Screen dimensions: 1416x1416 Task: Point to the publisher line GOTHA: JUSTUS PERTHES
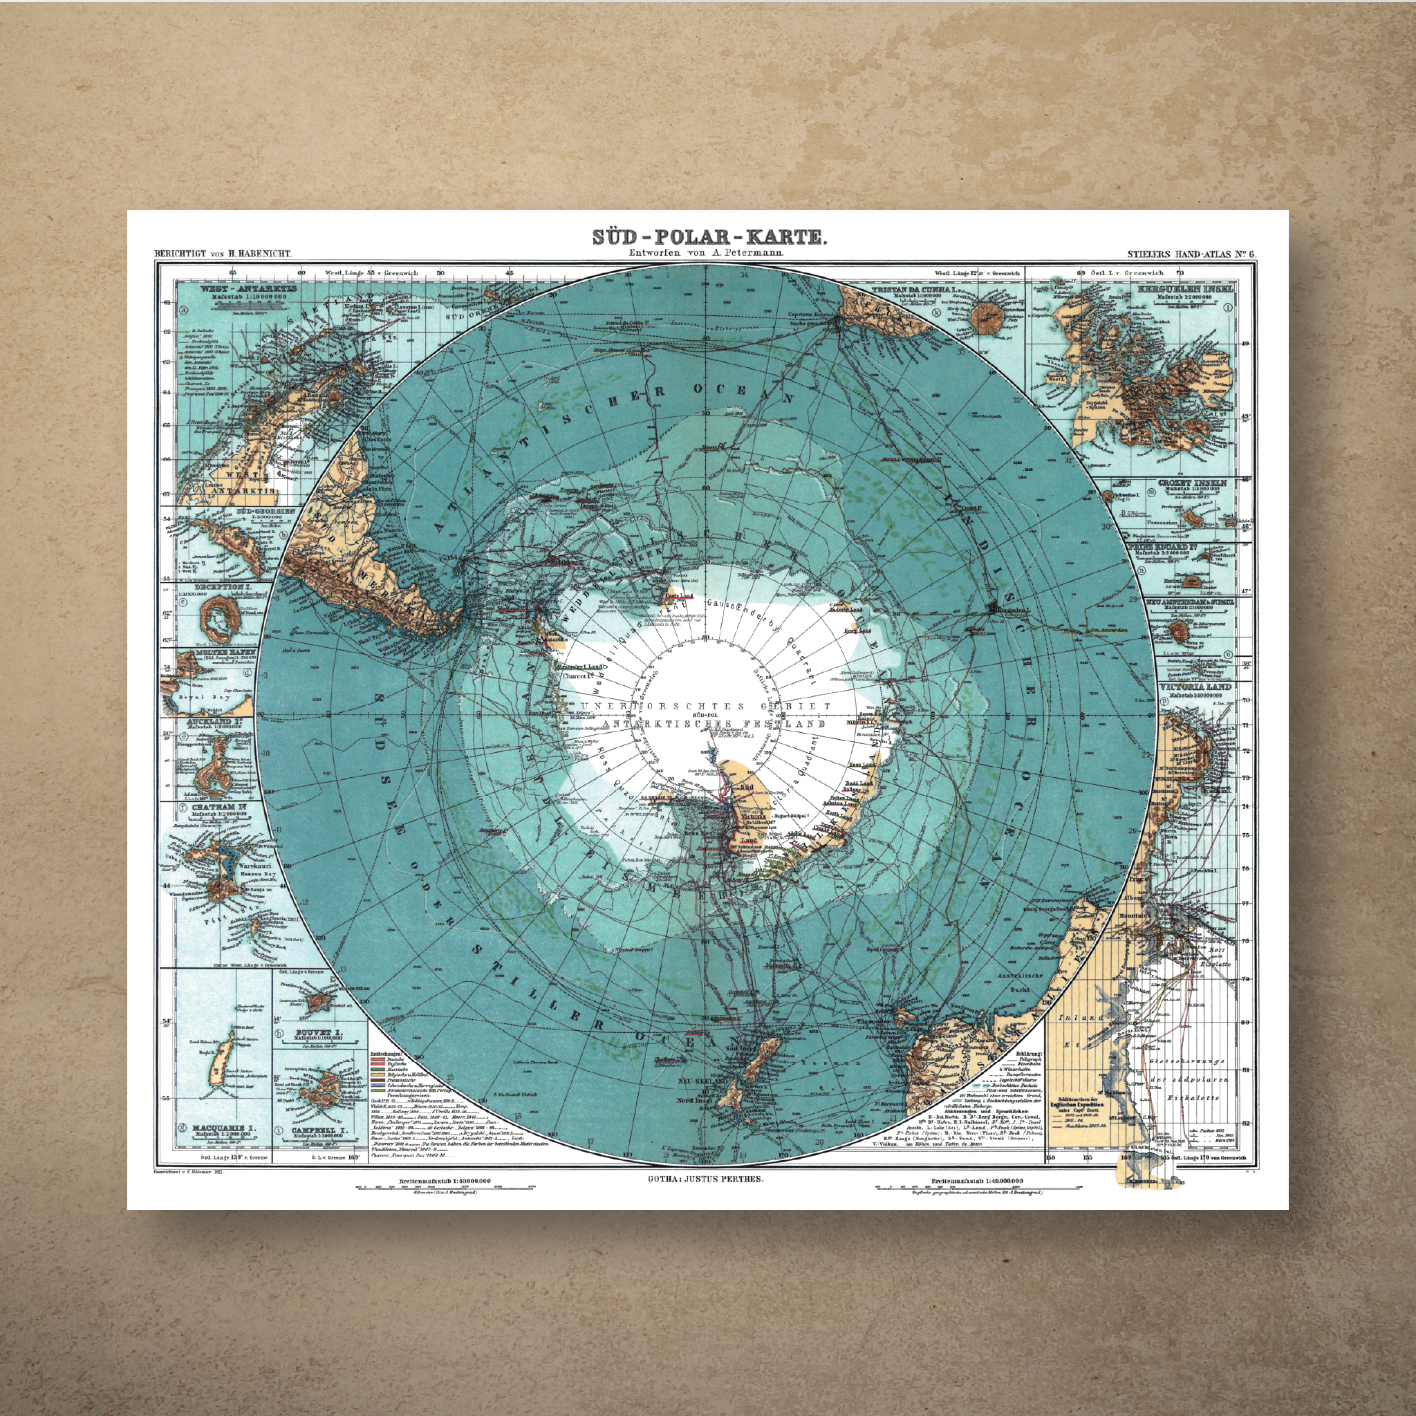(x=706, y=1180)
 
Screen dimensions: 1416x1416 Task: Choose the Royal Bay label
(x=206, y=698)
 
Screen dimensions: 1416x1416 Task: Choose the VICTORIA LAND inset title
(x=1195, y=687)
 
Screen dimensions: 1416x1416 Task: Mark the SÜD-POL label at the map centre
(x=705, y=713)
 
